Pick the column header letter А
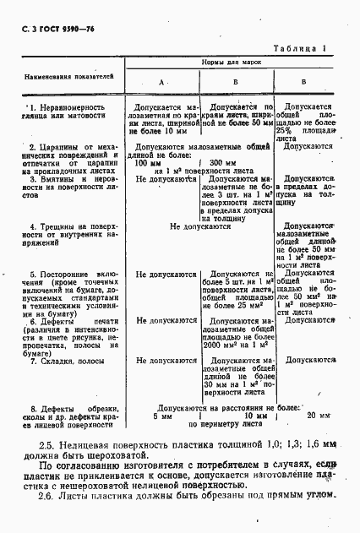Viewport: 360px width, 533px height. pyautogui.click(x=162, y=82)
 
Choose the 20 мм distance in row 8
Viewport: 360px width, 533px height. pyautogui.click(x=319, y=416)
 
